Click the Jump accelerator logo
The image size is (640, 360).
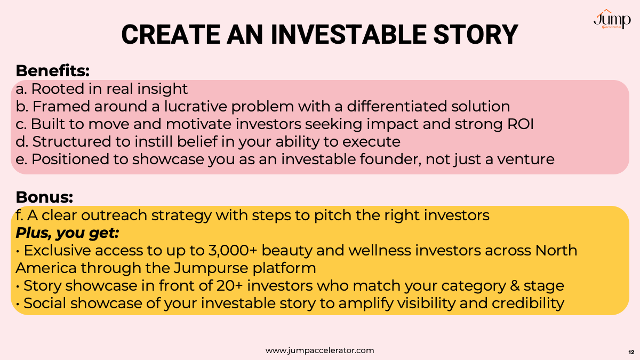click(x=612, y=19)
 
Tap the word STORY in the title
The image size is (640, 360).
click(x=476, y=35)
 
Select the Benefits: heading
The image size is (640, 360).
click(x=53, y=70)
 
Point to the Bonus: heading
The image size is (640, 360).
click(x=44, y=197)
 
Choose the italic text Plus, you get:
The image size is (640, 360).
click(x=67, y=233)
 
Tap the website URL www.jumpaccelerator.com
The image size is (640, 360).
click(x=319, y=350)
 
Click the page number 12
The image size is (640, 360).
click(x=631, y=353)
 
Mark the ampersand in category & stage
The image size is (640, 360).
click(x=515, y=286)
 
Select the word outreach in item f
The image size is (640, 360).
click(x=114, y=215)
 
